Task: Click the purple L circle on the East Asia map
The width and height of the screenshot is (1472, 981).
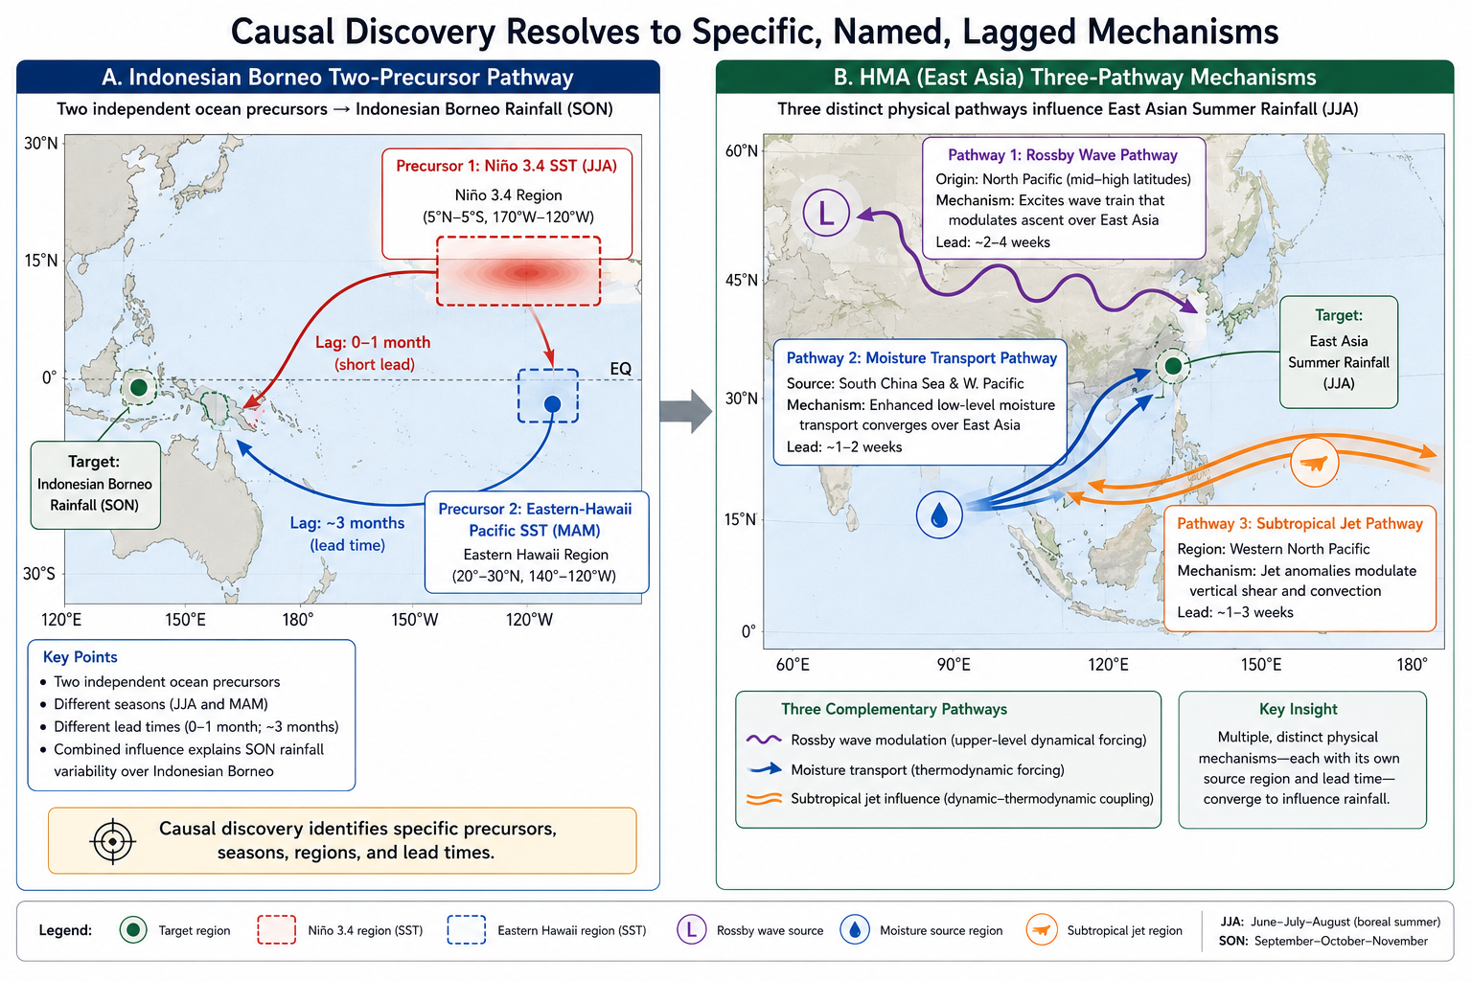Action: pos(826,213)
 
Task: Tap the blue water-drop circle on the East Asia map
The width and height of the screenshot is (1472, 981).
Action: pos(939,515)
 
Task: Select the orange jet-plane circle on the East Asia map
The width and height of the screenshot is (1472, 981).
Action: pos(1314,464)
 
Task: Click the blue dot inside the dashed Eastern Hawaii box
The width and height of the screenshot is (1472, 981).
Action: pos(553,403)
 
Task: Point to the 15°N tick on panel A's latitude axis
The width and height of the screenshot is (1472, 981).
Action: pos(41,261)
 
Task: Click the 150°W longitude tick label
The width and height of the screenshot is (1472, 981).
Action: pos(415,620)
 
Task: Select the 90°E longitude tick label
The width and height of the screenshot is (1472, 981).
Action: pos(954,664)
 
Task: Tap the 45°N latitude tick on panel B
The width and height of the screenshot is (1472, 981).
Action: pos(741,281)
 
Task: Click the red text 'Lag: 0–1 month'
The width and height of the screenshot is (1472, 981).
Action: pos(373,342)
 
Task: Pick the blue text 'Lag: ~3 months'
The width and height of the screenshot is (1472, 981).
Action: pos(347,523)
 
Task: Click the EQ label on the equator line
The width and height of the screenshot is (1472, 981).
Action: pos(620,369)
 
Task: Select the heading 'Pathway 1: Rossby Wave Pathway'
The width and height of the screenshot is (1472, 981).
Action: pos(1063,155)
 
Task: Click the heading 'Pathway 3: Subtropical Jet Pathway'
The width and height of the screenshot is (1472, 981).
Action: pos(1299,524)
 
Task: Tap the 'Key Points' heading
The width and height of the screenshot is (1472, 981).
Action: pos(80,657)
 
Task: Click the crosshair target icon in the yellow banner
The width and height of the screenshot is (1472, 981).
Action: pos(113,841)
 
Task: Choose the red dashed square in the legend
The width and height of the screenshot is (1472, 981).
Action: pos(277,930)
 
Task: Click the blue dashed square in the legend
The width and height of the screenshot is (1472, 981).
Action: pos(467,930)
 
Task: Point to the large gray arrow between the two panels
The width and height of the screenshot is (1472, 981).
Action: pos(686,411)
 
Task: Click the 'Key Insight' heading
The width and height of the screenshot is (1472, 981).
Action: pos(1298,709)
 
